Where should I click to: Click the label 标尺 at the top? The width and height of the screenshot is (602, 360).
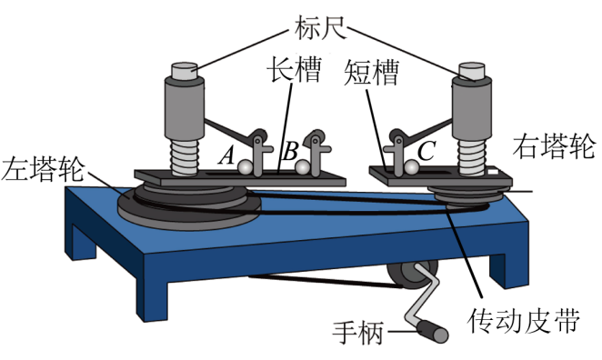(x=321, y=27)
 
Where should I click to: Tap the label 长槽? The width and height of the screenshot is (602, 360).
(x=295, y=69)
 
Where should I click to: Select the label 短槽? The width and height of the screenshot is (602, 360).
(x=371, y=72)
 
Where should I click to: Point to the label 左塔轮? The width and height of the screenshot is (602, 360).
(x=42, y=168)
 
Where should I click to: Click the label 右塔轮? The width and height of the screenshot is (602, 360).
(x=555, y=145)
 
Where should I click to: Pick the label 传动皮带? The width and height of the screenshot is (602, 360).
(x=523, y=320)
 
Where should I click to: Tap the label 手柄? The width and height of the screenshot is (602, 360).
(x=358, y=332)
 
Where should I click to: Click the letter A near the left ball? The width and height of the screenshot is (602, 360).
(x=227, y=155)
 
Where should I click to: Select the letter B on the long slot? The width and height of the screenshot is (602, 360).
(x=290, y=151)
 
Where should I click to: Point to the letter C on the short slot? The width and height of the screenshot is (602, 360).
(x=426, y=150)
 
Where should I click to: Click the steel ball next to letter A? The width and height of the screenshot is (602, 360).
(x=245, y=168)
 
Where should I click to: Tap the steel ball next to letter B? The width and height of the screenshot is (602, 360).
(x=303, y=167)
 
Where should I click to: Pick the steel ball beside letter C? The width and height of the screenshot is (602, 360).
(x=412, y=167)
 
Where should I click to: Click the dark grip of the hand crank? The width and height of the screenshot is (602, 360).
(x=433, y=331)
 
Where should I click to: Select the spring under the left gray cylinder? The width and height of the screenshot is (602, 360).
(x=185, y=157)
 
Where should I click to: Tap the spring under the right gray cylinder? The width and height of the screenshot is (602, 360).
(x=472, y=157)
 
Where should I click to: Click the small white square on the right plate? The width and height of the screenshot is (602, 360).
(x=493, y=171)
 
